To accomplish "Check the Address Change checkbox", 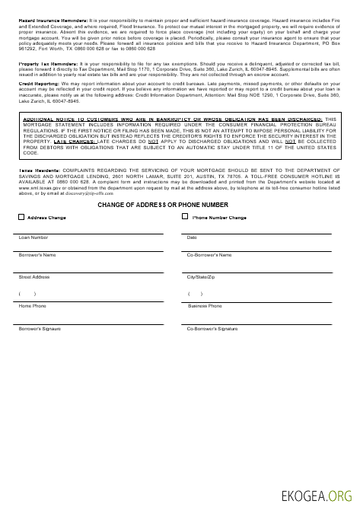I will pos(21,217).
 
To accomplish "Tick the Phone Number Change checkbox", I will pos(186,217).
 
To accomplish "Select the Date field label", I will pos(192,238).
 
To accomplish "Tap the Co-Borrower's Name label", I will pos(209,254).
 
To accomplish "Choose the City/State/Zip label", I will pos(202,277).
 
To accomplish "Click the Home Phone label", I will pos(32,305).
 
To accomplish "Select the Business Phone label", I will pos(205,305).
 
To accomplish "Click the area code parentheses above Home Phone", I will pos(27,293).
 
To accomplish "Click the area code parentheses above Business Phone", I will pos(195,293).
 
